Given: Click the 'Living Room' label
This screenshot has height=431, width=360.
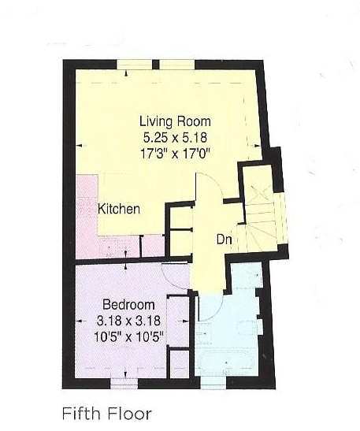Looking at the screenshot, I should (x=175, y=121).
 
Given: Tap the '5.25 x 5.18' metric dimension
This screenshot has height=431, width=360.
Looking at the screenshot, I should (x=175, y=136).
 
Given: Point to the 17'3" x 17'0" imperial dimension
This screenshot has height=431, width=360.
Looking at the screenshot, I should (x=175, y=151).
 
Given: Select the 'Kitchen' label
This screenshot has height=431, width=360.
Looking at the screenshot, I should (x=119, y=210).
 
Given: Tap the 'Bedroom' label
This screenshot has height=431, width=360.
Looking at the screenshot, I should (x=128, y=305).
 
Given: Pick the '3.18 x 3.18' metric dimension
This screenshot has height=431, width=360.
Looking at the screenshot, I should (x=128, y=321).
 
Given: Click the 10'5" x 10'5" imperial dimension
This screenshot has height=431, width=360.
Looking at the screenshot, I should (x=128, y=336).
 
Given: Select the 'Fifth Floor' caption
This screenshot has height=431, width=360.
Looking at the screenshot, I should (x=106, y=412).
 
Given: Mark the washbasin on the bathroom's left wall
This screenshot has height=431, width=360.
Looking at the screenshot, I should (x=202, y=331).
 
